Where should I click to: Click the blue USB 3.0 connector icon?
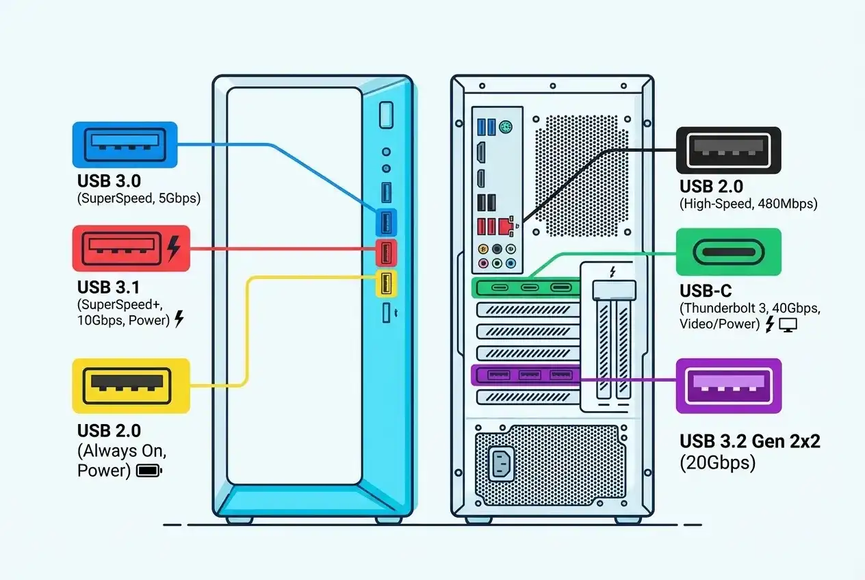pos(125,145)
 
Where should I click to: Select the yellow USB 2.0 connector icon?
pos(131,386)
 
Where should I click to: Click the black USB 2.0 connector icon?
pos(728,150)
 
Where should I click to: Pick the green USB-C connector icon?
pos(728,252)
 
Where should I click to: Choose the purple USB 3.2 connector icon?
pos(728,386)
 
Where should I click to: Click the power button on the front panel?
pos(386,114)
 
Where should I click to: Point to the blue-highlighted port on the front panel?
pos(386,221)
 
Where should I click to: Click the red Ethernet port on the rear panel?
pos(505,224)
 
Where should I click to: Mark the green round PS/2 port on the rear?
pos(506,127)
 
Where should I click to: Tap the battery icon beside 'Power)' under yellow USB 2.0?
pos(149,471)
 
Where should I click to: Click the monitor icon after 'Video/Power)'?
pos(789,326)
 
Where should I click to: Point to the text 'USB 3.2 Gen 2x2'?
pos(749,441)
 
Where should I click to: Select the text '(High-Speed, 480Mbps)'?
pos(748,204)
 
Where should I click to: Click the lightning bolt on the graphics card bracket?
pos(612,272)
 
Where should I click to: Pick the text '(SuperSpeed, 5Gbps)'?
pos(139,199)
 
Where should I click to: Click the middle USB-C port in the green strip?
pos(530,288)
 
